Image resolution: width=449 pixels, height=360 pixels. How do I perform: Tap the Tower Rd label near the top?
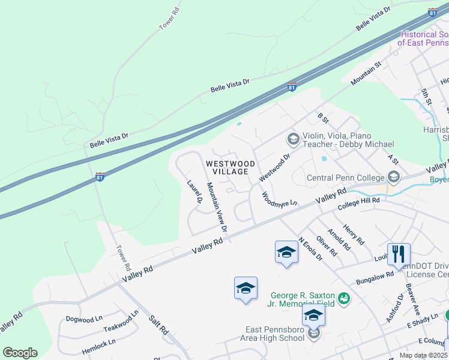coord(169,19)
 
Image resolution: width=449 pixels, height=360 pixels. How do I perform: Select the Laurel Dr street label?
coord(194,192)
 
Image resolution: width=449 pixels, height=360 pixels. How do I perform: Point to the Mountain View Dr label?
coord(217,207)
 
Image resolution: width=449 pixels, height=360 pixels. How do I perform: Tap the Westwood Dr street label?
coord(274,167)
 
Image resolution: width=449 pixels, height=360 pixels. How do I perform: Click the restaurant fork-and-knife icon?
coord(399,254)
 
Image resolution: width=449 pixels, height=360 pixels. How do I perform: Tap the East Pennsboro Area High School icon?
coord(314,334)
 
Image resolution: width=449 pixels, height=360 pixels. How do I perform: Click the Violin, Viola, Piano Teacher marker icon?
coord(293,139)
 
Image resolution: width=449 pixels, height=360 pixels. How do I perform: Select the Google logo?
coord(20,353)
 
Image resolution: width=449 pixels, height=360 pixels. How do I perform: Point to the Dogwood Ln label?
coord(84,319)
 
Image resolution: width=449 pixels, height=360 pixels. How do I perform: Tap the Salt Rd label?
coord(160,326)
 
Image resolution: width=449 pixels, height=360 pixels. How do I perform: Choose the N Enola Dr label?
coord(310,248)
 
